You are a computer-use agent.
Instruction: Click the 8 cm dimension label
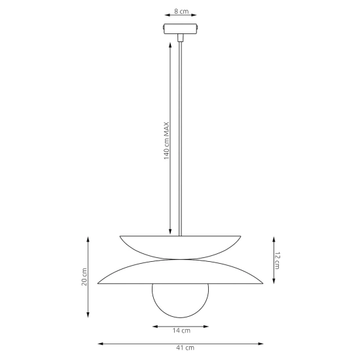click(x=181, y=11)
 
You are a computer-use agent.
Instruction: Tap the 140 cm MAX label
click(x=166, y=141)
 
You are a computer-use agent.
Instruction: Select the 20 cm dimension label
click(x=84, y=277)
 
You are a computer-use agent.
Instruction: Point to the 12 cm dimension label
click(x=277, y=261)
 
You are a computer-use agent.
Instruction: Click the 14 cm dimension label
click(x=181, y=331)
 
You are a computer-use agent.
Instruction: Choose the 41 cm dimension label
click(x=185, y=348)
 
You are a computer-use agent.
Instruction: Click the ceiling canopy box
click(x=181, y=29)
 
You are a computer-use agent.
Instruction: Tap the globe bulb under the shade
click(x=181, y=301)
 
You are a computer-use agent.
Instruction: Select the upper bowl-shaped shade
click(x=180, y=247)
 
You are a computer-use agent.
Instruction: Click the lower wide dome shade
click(x=181, y=272)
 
